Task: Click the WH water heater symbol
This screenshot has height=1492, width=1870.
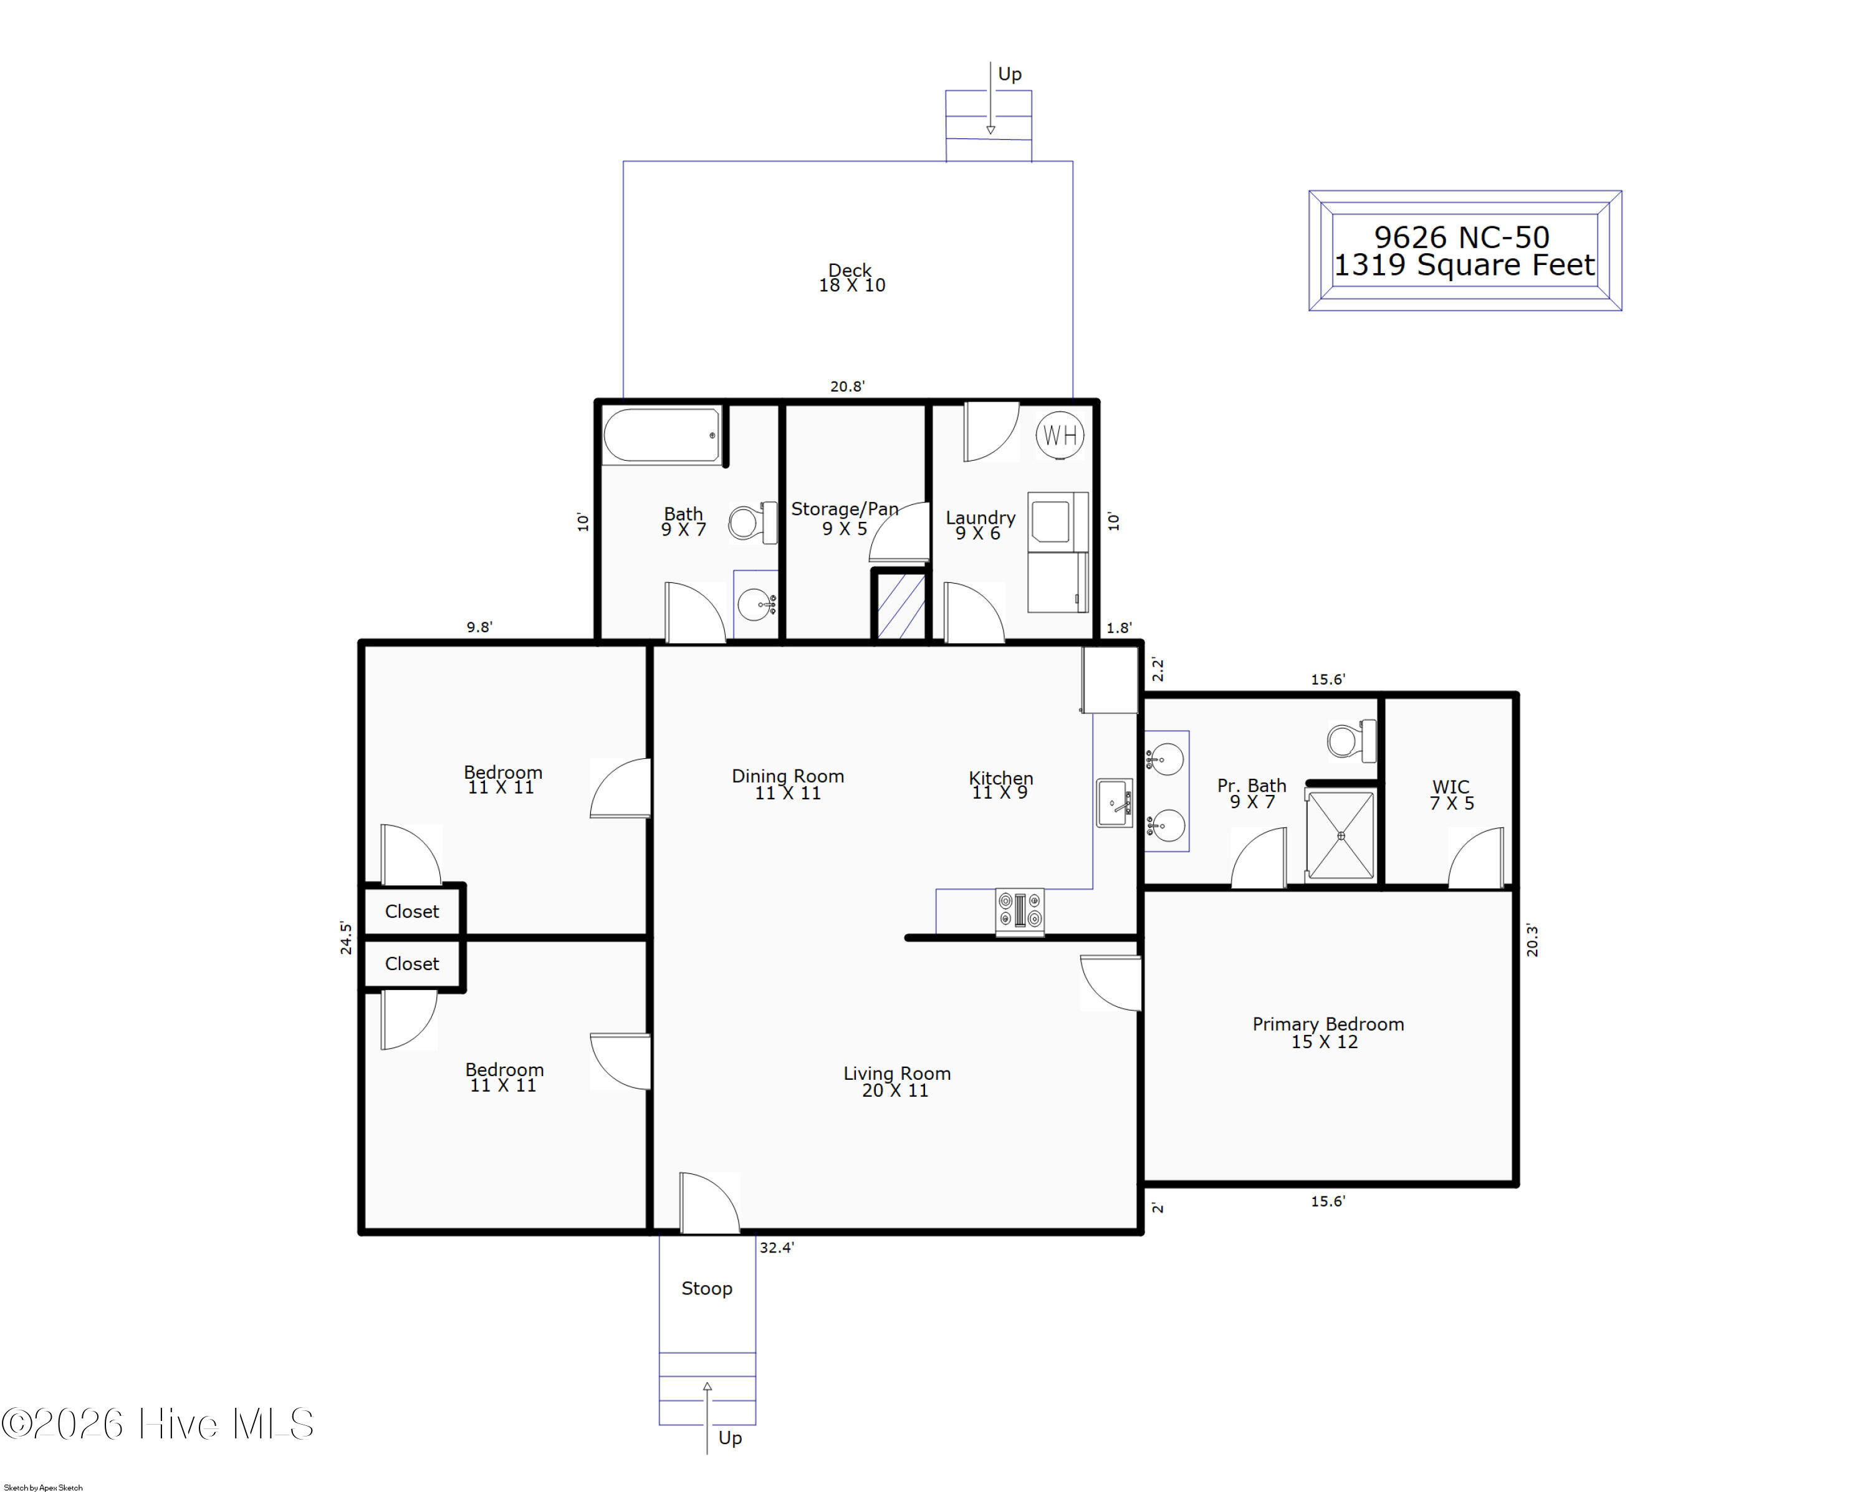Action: (x=1060, y=435)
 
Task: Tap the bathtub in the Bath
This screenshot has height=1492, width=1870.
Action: (x=662, y=435)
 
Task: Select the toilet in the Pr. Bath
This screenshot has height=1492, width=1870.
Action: (x=1351, y=741)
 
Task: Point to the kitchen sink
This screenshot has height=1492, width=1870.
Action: (x=1115, y=803)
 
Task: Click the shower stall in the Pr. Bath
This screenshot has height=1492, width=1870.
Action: (x=1341, y=835)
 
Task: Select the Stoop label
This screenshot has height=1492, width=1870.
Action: (x=707, y=1289)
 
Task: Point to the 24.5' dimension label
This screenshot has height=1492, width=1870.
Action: (x=346, y=938)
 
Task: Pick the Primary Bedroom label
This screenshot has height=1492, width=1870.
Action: (x=1328, y=1024)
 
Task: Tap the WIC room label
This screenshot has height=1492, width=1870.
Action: (x=1451, y=787)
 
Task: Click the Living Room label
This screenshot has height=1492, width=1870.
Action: (x=897, y=1074)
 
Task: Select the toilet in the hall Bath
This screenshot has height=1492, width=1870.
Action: (x=752, y=522)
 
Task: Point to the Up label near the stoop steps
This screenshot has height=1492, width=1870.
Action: (x=731, y=1439)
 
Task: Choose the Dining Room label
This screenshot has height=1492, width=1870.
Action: (x=787, y=776)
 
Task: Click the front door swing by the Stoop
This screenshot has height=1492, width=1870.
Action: (x=709, y=1202)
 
